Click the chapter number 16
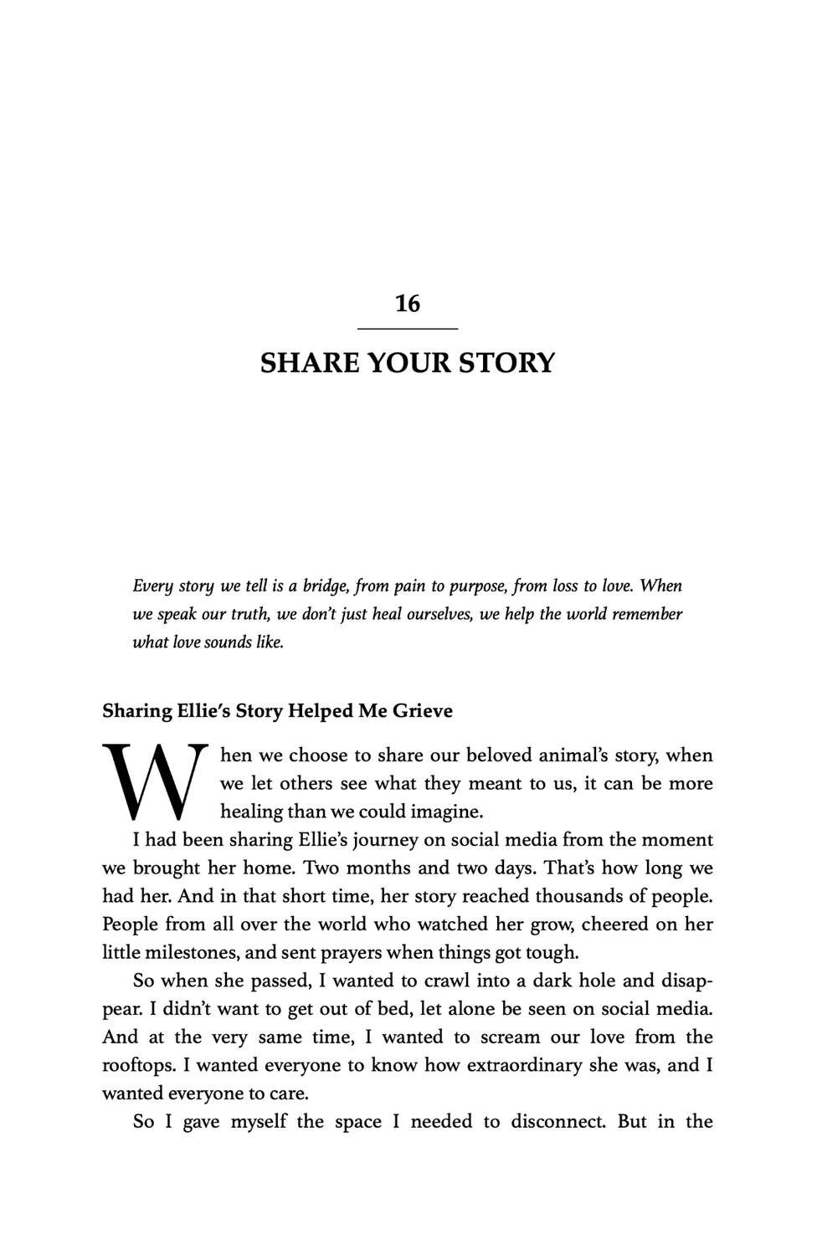coord(408,304)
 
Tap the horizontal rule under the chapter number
coord(408,329)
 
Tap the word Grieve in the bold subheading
coord(423,711)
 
